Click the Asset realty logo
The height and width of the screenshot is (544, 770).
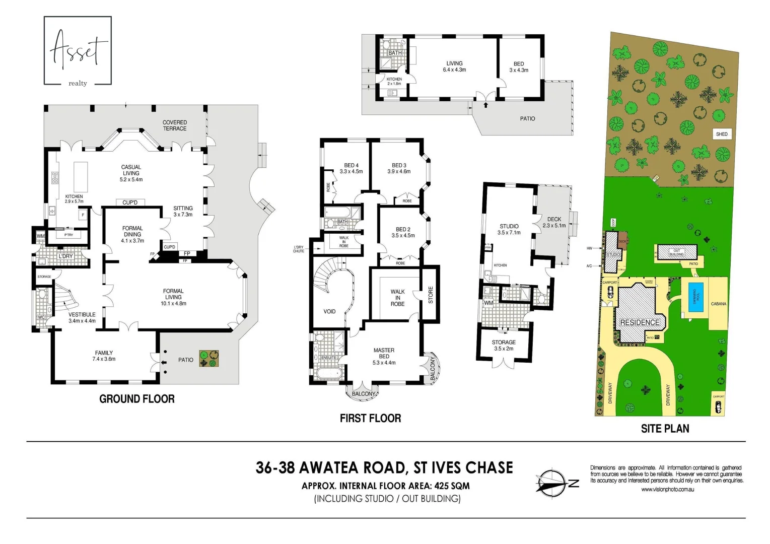[x=78, y=51]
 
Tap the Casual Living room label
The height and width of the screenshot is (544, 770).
[x=131, y=173]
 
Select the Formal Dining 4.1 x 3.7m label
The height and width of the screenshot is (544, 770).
[x=132, y=234]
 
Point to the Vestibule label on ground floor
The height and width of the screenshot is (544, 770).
[x=82, y=317]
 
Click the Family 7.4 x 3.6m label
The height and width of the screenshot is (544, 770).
[x=104, y=356]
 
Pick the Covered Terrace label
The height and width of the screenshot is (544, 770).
[x=175, y=125]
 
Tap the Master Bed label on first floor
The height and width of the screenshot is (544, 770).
[x=384, y=356]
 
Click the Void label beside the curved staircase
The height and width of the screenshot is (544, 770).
[x=329, y=311]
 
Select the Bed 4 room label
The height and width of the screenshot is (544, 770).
[x=351, y=168]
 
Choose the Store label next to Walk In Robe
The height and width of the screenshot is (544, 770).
[x=431, y=295]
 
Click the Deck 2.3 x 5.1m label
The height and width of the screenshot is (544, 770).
[x=554, y=222]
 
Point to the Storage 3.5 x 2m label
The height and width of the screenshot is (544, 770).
[x=504, y=345]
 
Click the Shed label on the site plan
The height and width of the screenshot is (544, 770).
[x=722, y=134]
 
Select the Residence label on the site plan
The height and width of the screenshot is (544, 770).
[x=640, y=322]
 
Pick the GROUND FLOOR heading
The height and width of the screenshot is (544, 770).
[x=137, y=399]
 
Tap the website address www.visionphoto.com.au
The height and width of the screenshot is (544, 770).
[x=667, y=489]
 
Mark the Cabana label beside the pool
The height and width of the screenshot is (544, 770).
[x=719, y=304]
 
